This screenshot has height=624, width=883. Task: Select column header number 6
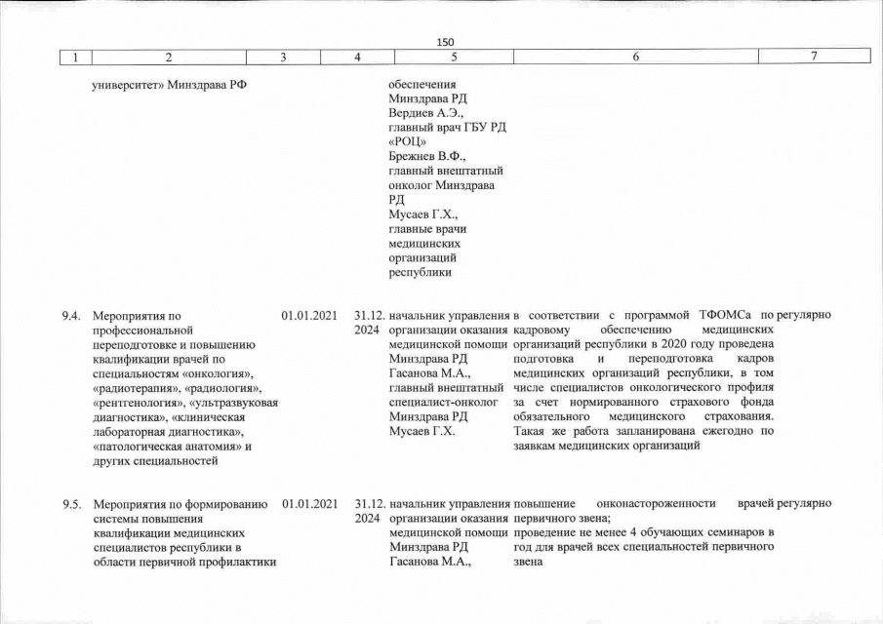pos(634,58)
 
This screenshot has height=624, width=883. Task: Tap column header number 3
pos(283,58)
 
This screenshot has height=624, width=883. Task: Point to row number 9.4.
pos(71,316)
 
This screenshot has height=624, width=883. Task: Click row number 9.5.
pos(71,504)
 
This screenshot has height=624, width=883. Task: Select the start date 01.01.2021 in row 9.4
pos(308,316)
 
